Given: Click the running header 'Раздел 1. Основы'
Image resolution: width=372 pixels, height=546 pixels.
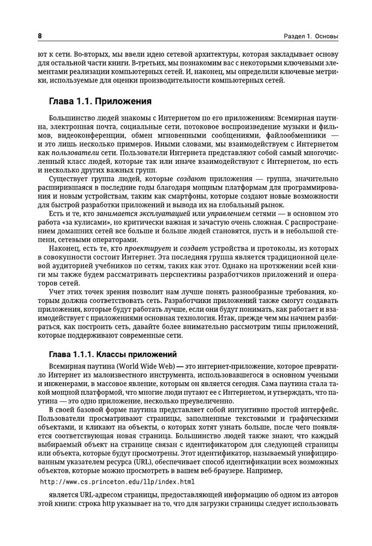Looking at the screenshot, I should tap(310, 37).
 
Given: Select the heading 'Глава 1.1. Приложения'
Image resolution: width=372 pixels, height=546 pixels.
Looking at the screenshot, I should tap(100, 102).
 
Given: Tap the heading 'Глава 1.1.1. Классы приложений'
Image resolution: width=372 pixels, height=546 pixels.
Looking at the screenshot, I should tap(112, 354).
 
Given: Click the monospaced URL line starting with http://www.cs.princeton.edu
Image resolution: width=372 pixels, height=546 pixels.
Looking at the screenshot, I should tap(118, 482).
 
